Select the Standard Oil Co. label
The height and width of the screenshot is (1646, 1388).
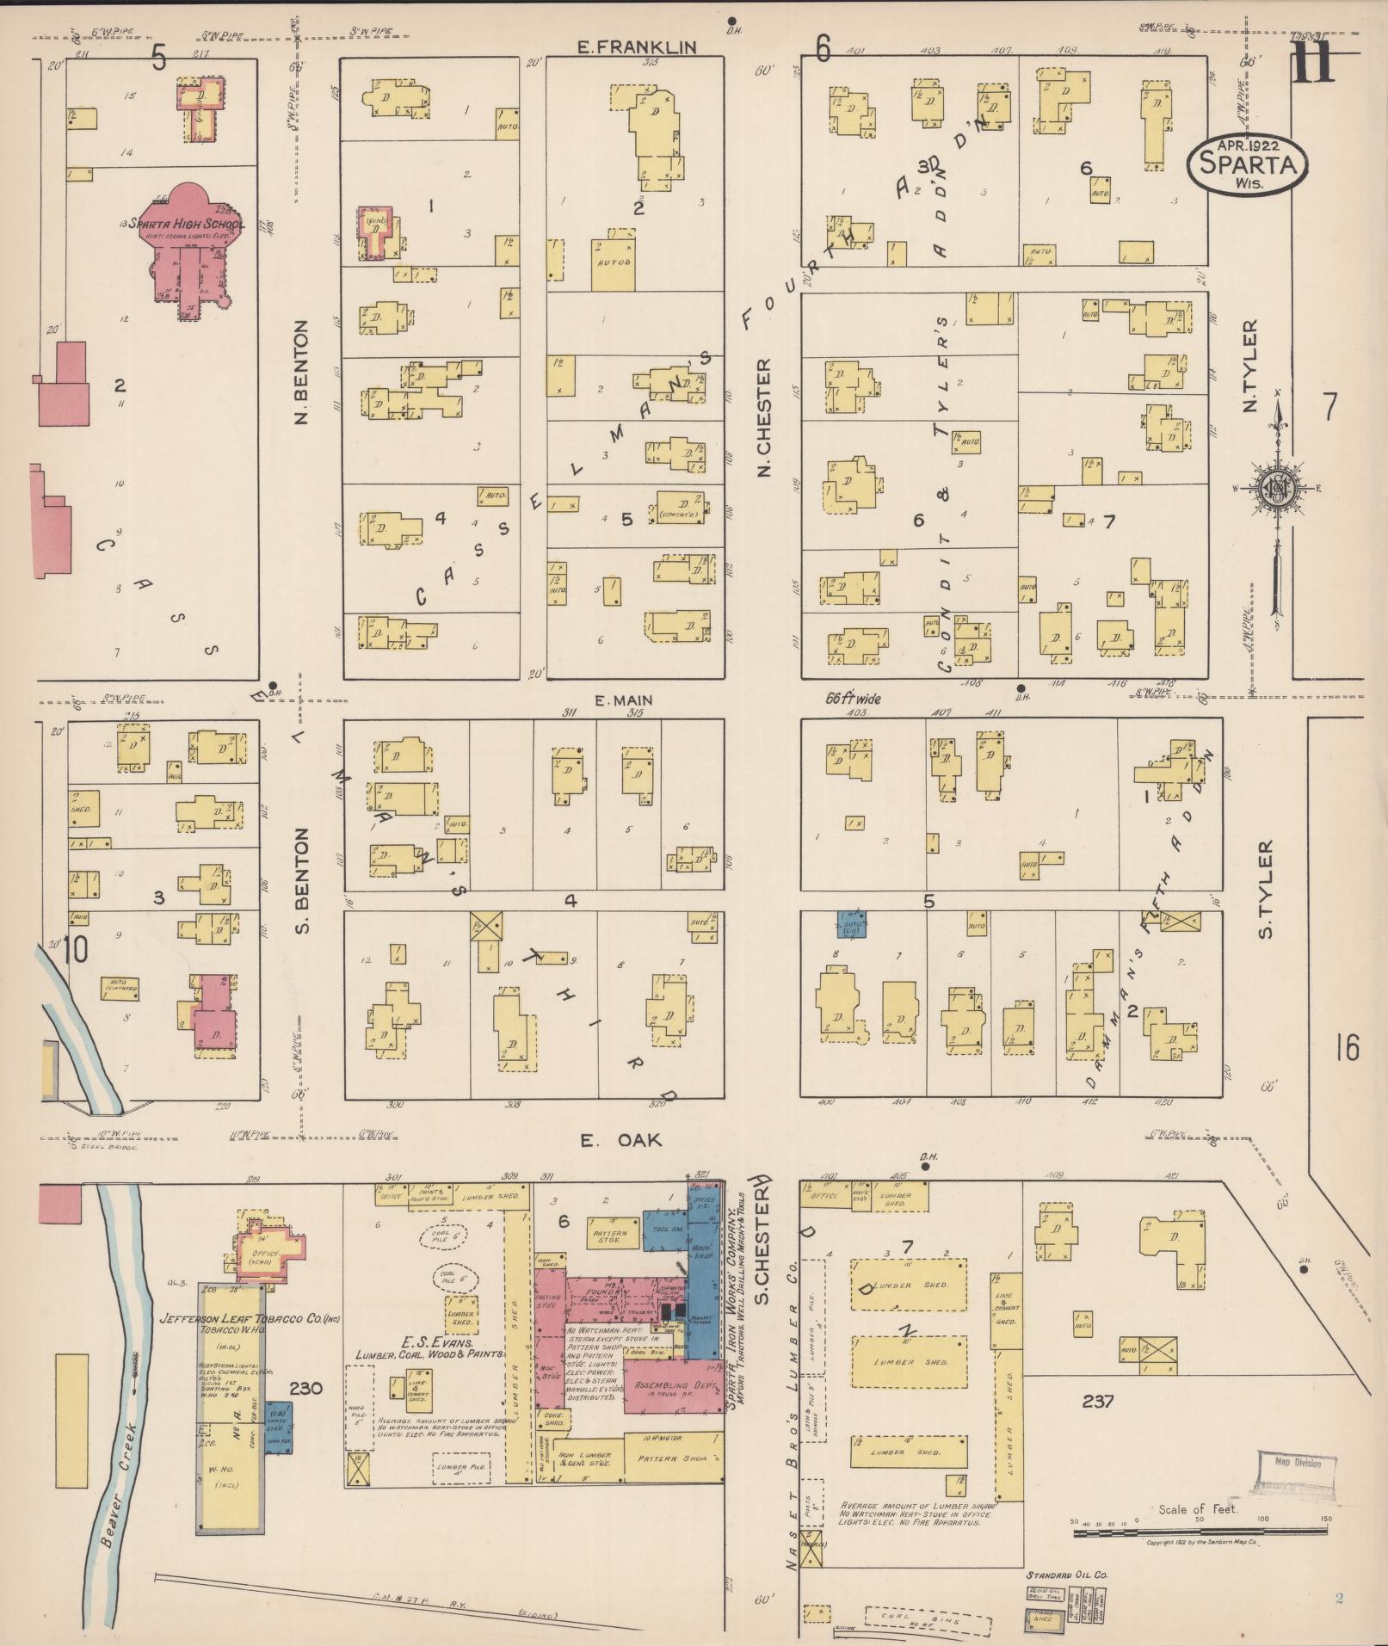(1066, 1574)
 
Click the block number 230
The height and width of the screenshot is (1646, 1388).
(305, 1387)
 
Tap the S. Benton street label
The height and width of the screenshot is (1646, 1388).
(302, 880)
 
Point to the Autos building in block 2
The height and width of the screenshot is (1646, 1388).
(613, 264)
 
